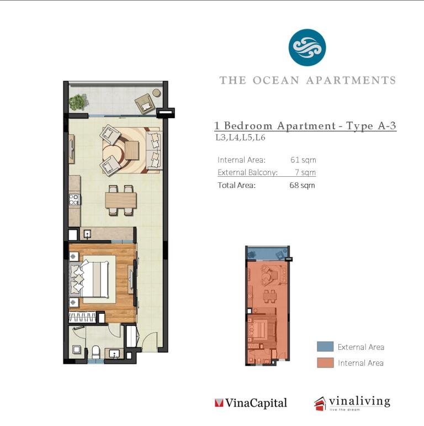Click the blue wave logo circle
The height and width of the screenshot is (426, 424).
tap(307, 48)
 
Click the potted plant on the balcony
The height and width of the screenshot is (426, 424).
tap(78, 102)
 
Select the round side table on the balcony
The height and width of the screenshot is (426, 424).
tap(156, 93)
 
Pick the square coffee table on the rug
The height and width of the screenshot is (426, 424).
tap(132, 150)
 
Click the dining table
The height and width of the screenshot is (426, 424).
tap(121, 201)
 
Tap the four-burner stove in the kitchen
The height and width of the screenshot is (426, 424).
tap(74, 199)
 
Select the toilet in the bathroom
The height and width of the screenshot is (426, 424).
tap(96, 352)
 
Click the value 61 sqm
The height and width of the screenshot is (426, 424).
tap(303, 160)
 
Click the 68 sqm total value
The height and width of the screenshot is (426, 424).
tap(302, 185)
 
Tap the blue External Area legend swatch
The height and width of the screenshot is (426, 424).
tap(325, 346)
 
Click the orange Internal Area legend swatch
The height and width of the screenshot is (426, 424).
tap(325, 362)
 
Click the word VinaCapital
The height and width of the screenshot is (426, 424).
tap(256, 403)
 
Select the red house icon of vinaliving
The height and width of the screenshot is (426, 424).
tap(320, 404)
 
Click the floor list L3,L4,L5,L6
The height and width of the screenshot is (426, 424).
tap(240, 138)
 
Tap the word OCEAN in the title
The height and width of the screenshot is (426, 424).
tap(276, 81)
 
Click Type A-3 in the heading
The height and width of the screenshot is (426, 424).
tap(371, 126)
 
